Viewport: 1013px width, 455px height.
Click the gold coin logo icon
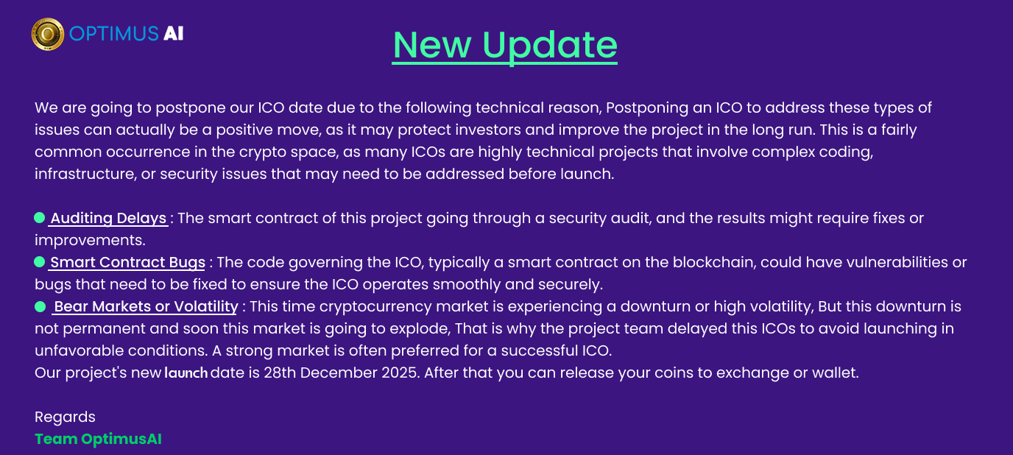point(47,34)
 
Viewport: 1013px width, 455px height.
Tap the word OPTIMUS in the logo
point(114,33)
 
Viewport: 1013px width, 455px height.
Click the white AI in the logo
point(173,33)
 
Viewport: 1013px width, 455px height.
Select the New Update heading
point(505,46)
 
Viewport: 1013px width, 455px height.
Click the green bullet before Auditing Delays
point(39,217)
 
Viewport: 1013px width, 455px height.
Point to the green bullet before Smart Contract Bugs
point(39,262)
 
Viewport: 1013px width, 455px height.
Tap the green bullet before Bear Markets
point(40,307)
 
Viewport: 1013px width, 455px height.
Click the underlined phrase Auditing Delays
point(108,219)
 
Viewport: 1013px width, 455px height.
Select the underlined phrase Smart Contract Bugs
point(127,263)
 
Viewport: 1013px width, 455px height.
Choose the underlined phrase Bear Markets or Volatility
point(146,307)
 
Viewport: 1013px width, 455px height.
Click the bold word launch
point(186,373)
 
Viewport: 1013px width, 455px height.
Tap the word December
point(338,373)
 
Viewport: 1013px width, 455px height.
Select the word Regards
point(65,417)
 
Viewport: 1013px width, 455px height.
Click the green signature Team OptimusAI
point(98,439)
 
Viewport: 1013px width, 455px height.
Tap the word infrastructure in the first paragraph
point(85,174)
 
